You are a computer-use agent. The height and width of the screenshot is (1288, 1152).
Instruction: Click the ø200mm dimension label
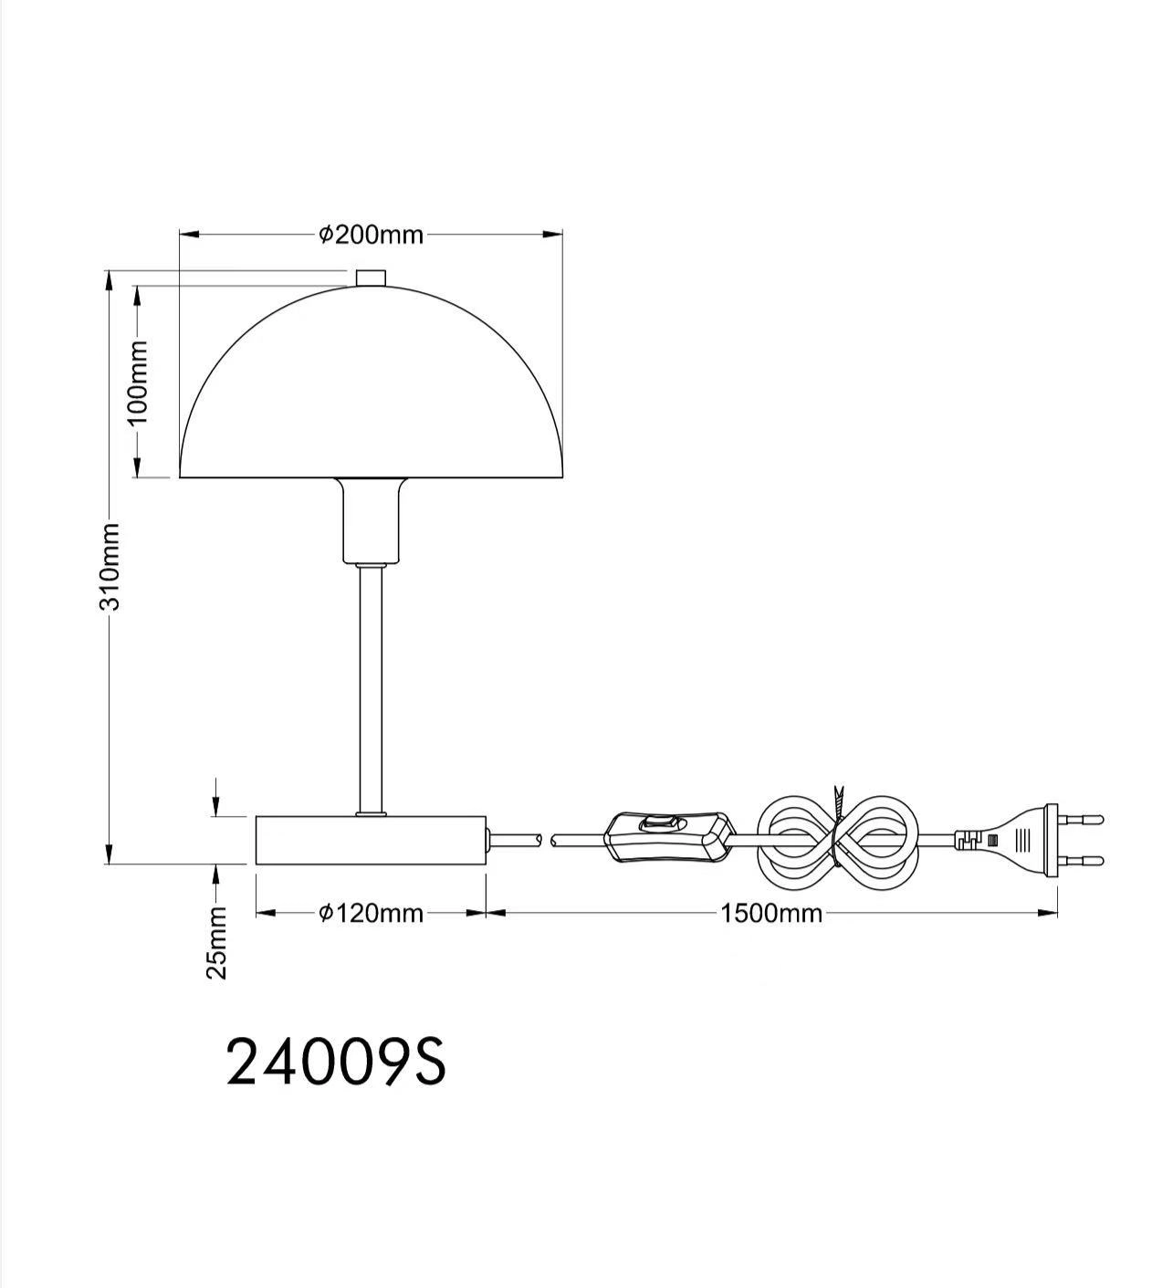371,236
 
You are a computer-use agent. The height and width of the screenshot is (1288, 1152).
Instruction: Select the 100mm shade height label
137,382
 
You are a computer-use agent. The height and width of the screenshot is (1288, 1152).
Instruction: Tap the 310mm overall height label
110,566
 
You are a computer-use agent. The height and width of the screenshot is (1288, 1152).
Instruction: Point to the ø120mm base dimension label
371,913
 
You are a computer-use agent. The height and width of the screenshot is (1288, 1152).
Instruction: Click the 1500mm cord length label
771,913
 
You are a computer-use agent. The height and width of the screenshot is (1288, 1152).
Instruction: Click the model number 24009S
336,1062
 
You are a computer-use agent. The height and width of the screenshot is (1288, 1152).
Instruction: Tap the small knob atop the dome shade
370,277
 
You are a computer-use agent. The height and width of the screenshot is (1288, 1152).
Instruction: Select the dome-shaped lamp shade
371,393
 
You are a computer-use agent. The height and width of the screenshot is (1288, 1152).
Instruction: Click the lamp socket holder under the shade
370,520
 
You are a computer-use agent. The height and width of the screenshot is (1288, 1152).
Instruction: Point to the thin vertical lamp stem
370,685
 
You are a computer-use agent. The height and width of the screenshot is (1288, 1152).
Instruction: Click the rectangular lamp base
370,840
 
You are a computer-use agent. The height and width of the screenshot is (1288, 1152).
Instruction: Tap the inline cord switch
669,833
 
